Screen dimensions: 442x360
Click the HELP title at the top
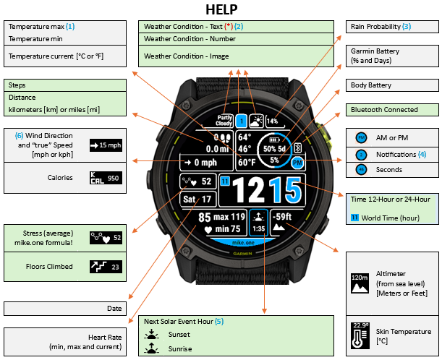[x=221, y=9]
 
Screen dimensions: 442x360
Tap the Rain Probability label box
[x=392, y=27]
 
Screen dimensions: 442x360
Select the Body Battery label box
[x=392, y=85]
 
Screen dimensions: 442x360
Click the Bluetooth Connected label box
[x=392, y=110]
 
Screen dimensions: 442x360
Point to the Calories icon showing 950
[x=106, y=178]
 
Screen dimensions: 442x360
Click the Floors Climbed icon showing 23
[x=106, y=267]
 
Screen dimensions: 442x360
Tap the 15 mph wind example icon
[x=106, y=145]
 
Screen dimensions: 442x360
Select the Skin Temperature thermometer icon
[x=360, y=335]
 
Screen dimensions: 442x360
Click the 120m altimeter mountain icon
[x=360, y=283]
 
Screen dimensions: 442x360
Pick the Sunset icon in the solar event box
[x=151, y=334]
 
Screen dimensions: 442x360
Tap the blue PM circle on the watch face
[x=297, y=163]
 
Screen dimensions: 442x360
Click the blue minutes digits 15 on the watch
[x=285, y=190]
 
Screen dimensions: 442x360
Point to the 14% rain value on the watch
[x=272, y=121]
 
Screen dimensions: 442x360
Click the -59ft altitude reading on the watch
[x=282, y=216]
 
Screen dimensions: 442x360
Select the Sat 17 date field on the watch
[x=197, y=199]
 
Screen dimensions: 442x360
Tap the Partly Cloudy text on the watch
[x=224, y=121]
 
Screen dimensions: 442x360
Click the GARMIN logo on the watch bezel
[x=242, y=254]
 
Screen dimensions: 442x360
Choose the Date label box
[x=65, y=309]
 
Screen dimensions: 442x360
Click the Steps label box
[x=65, y=85]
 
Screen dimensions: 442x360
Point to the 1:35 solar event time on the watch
[x=258, y=228]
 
